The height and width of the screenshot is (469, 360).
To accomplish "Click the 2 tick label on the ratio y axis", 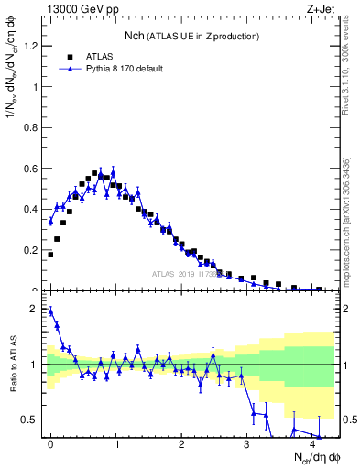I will (x=36, y=309).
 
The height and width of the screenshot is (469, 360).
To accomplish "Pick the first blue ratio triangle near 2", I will (x=50, y=311).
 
